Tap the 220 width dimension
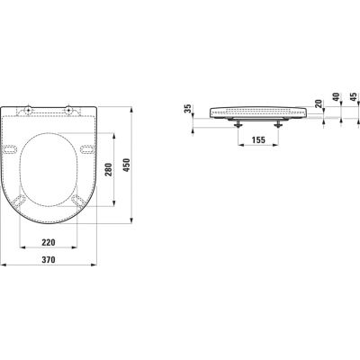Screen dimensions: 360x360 [x=49, y=243]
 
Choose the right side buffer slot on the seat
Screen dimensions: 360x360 [x=85, y=149]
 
